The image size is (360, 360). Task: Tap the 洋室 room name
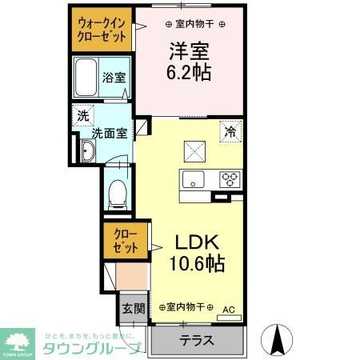188,51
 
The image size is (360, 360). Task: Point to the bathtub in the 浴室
86,79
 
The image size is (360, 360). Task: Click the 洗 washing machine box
83,116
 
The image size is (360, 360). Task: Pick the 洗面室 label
108,134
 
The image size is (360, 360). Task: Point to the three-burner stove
230,178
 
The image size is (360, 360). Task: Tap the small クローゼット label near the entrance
125,242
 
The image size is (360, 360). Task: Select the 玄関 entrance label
132,309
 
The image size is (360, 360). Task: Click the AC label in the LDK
229,309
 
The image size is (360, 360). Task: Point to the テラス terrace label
196,339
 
